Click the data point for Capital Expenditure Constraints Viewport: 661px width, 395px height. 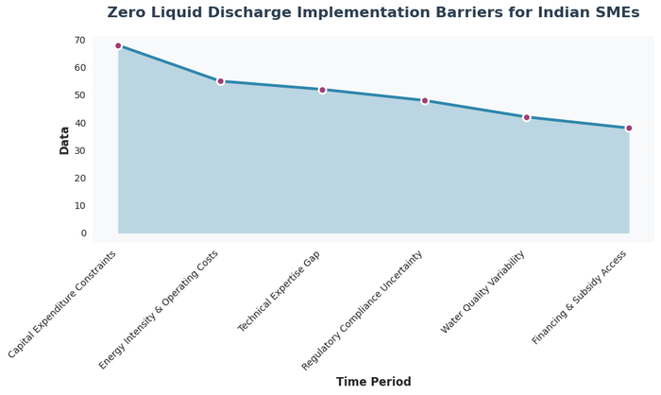(x=118, y=45)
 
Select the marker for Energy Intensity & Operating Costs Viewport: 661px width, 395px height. (x=220, y=81)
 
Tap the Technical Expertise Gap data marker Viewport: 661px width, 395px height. (x=322, y=90)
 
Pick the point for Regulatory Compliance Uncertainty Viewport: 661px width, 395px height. (x=425, y=100)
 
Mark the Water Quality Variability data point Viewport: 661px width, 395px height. (x=527, y=117)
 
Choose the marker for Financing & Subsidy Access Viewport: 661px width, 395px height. (x=629, y=129)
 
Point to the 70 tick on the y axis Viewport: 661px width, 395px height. (x=79, y=41)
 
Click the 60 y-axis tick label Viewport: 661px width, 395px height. (x=79, y=68)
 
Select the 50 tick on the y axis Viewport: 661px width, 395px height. (x=79, y=95)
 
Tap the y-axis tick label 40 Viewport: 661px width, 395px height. (x=79, y=123)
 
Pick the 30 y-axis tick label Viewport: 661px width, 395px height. (x=79, y=150)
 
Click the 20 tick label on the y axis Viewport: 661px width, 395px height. (x=79, y=178)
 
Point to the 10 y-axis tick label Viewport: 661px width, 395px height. (x=79, y=205)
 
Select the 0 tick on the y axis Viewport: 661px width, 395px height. (x=83, y=233)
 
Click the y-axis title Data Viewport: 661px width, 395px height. (x=64, y=140)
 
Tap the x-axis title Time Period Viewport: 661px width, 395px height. (x=373, y=382)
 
